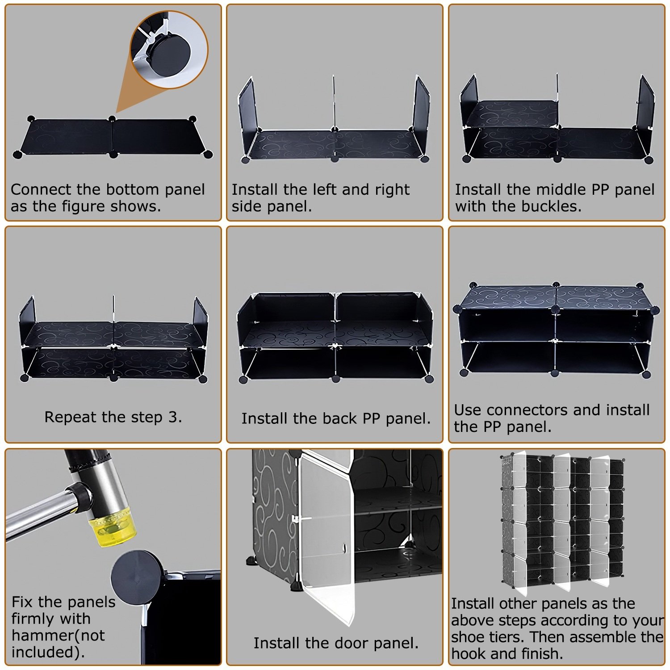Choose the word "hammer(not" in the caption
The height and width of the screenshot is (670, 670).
click(58, 635)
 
